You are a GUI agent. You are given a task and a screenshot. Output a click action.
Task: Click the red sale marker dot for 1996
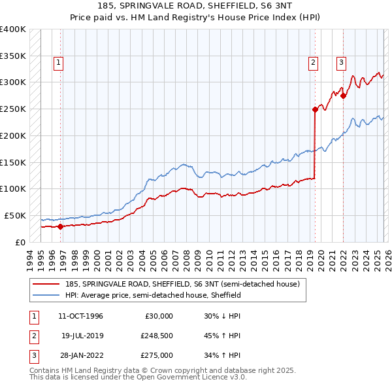point(61,226)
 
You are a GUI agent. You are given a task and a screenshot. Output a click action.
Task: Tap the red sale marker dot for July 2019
point(314,109)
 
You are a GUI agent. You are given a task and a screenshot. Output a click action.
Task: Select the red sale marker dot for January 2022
point(343,96)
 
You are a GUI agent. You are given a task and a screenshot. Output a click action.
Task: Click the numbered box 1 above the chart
point(58,63)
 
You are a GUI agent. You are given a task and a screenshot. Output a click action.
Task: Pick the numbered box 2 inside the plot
point(313,63)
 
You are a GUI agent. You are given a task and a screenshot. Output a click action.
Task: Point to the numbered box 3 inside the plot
point(341,63)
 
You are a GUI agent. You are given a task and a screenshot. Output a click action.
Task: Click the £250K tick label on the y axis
point(13,109)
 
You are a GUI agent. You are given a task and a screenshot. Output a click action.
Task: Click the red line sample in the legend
point(47,284)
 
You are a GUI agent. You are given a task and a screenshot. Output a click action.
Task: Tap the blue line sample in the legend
point(47,295)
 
